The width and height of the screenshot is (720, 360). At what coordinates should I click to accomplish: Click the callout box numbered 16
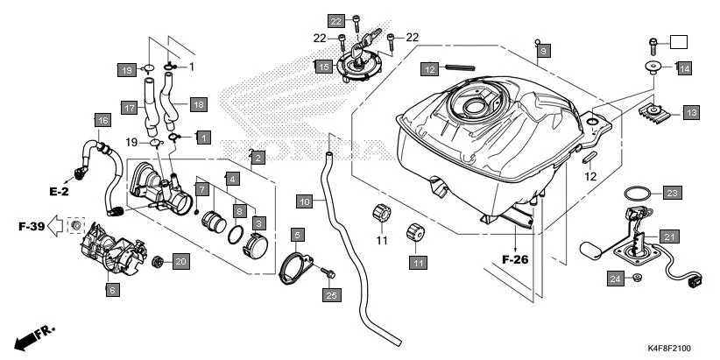point(102,120)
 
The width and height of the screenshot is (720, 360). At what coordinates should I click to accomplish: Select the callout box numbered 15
point(322,66)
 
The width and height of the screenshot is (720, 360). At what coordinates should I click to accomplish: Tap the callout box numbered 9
point(543,53)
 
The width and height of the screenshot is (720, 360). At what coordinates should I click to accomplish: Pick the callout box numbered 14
point(683,67)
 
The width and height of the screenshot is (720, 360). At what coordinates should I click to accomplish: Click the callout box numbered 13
point(691,112)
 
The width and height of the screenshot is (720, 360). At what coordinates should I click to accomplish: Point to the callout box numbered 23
point(671,193)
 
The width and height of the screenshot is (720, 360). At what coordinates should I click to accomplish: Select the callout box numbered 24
point(616,279)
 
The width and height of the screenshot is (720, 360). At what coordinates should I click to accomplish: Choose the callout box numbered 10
point(305,202)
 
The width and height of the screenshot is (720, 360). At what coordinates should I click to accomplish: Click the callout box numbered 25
point(331,295)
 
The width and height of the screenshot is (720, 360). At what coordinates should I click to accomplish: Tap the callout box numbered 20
point(180,260)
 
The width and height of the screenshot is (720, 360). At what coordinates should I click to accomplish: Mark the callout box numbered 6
point(112,289)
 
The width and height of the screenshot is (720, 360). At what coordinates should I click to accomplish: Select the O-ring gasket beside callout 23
point(637,192)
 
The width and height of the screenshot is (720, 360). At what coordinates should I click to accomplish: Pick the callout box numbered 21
point(669,236)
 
